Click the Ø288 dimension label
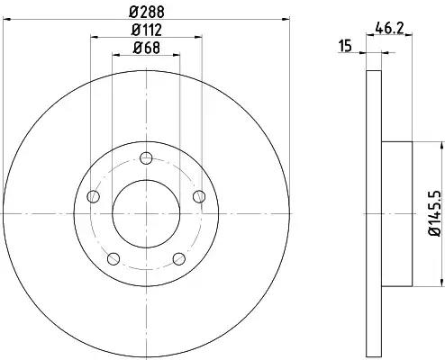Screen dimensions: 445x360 tap(147, 12)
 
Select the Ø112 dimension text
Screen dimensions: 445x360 tap(147, 30)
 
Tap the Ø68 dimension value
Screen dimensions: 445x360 tap(147, 48)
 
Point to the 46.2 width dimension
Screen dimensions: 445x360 tap(389, 29)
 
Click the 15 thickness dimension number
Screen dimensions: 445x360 tap(345, 47)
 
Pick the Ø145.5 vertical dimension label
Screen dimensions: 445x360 tap(435, 213)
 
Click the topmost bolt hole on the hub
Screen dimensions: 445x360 tap(146, 158)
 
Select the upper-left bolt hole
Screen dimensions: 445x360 tap(93, 196)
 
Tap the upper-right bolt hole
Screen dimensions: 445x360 tap(199, 196)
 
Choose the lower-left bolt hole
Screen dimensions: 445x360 tap(114, 259)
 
